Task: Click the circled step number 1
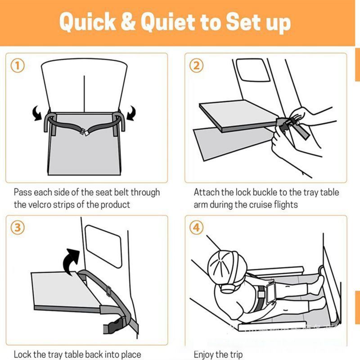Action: (18, 66)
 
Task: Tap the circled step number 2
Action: (196, 66)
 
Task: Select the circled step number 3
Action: (18, 228)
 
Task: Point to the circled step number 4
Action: (196, 228)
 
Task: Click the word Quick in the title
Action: (87, 22)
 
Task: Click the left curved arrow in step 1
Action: (37, 113)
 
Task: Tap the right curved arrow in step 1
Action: (131, 113)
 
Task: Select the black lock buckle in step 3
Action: (115, 325)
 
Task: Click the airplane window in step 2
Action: (253, 70)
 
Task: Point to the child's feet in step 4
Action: (320, 283)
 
